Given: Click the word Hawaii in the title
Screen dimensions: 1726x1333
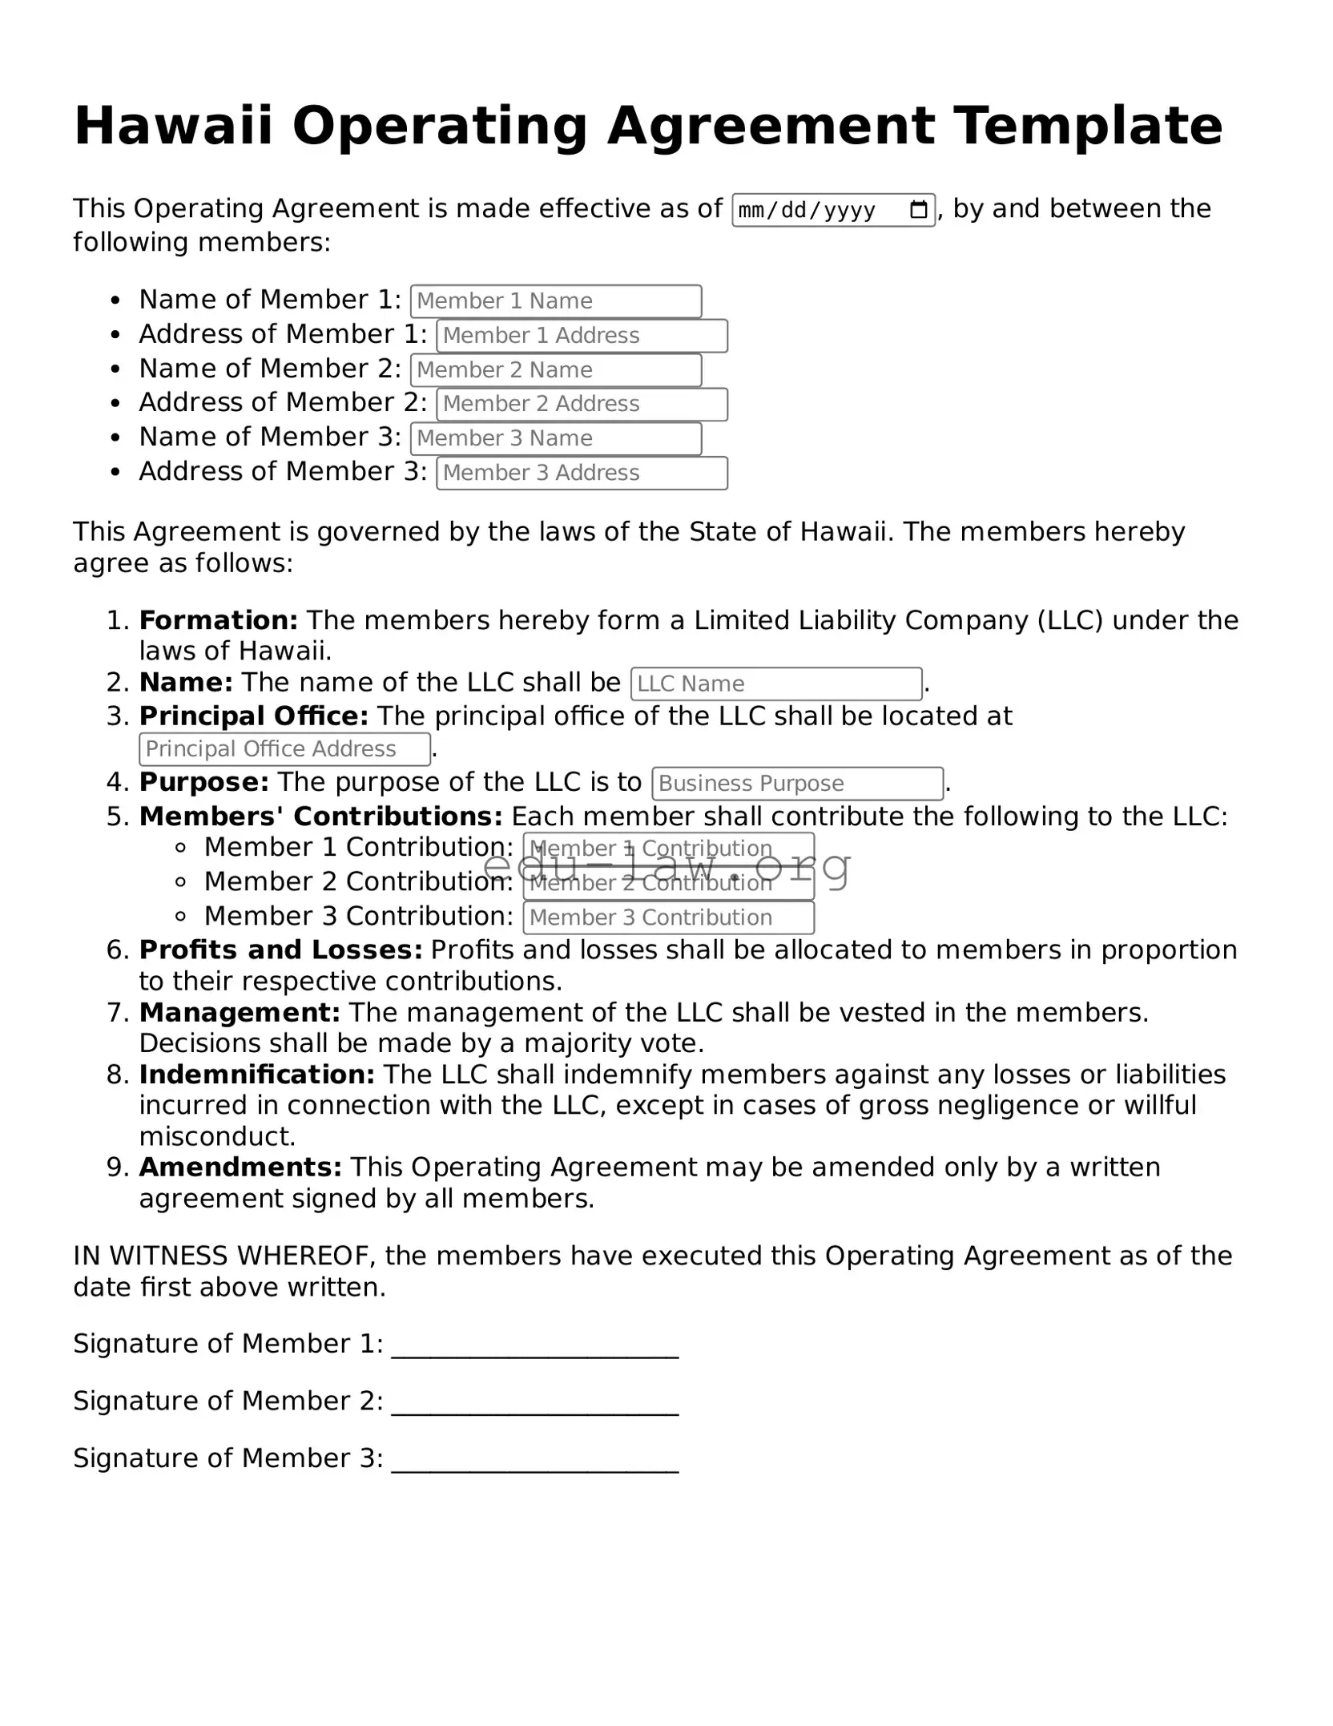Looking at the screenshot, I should pyautogui.click(x=173, y=127).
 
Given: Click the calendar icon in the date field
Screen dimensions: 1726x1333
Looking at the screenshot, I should pyautogui.click(x=918, y=211).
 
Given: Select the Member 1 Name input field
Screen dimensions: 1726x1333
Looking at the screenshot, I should pyautogui.click(x=555, y=301).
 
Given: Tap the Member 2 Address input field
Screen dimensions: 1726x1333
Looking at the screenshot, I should pyautogui.click(x=582, y=404).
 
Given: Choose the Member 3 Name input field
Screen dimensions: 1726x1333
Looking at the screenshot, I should pyautogui.click(x=555, y=438).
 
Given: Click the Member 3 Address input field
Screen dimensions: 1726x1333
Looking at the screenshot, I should pyautogui.click(x=582, y=473).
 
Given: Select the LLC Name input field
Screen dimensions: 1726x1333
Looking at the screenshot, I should pyautogui.click(x=775, y=684).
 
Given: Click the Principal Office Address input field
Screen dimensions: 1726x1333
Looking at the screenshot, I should pyautogui.click(x=284, y=749).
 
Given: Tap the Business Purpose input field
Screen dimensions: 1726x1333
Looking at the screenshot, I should pyautogui.click(x=797, y=784).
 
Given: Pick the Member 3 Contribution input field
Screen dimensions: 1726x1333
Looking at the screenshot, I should pyautogui.click(x=668, y=917).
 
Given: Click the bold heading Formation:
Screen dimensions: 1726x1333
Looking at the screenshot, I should pyautogui.click(x=218, y=620).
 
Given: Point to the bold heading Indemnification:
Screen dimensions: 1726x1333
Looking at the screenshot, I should pyautogui.click(x=256, y=1075).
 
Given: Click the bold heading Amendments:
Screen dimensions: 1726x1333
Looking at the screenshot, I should pyautogui.click(x=240, y=1167).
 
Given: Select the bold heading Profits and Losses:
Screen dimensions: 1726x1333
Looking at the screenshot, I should pyautogui.click(x=280, y=950).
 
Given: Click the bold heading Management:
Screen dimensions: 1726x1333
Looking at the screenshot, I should pyautogui.click(x=240, y=1013).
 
